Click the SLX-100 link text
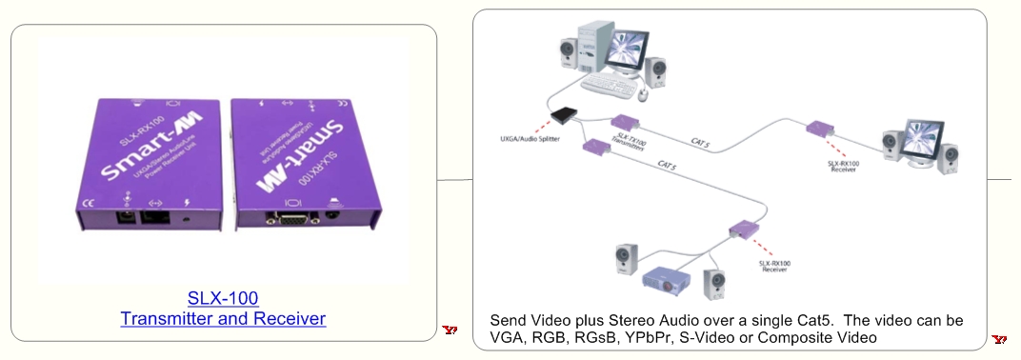[x=223, y=297]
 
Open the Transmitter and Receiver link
[x=223, y=318]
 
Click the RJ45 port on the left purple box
[x=152, y=216]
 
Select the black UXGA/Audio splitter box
[x=566, y=116]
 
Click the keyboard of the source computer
[x=610, y=87]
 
